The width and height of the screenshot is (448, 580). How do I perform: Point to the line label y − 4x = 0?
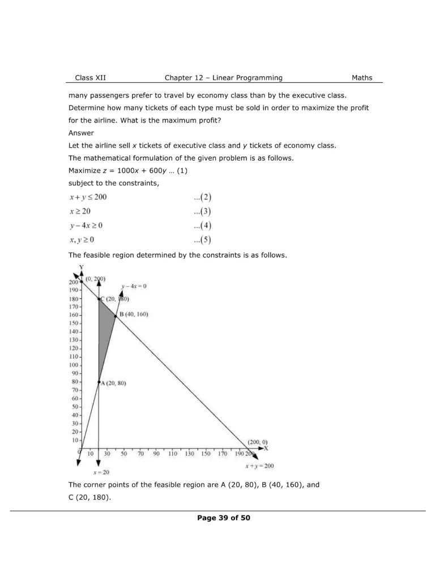pyautogui.click(x=134, y=286)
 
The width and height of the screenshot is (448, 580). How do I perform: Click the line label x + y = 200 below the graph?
pyautogui.click(x=259, y=466)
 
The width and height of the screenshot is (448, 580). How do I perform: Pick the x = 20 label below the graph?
pyautogui.click(x=101, y=472)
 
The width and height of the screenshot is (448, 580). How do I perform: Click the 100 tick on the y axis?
pyautogui.click(x=74, y=365)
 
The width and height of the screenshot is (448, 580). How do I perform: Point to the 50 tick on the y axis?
pyautogui.click(x=75, y=407)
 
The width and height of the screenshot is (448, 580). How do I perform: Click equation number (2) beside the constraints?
pyautogui.click(x=202, y=197)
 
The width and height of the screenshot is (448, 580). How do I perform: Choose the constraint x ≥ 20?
pyautogui.click(x=80, y=211)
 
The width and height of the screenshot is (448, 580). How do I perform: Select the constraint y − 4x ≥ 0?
pyautogui.click(x=86, y=225)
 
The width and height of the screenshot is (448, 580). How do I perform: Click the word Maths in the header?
pyautogui.click(x=362, y=78)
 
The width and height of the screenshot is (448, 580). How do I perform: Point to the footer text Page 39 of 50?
pyautogui.click(x=224, y=518)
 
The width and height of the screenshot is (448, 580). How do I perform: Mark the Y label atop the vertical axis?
pyautogui.click(x=82, y=267)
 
